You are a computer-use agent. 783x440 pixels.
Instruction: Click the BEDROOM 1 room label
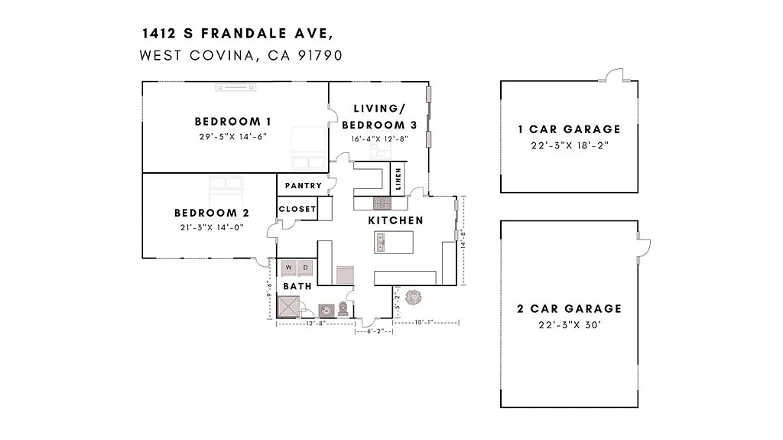click(x=233, y=121)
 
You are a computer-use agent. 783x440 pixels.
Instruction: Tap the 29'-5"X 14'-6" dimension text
click(x=233, y=136)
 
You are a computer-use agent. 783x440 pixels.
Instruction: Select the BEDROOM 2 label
click(x=212, y=213)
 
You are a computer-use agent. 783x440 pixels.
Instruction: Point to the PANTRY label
click(x=303, y=186)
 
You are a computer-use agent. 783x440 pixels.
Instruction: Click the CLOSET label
click(x=297, y=209)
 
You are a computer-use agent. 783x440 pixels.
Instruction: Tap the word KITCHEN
click(x=395, y=220)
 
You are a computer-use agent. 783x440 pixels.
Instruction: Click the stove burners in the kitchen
click(x=381, y=203)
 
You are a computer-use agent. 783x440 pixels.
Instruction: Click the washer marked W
click(x=289, y=268)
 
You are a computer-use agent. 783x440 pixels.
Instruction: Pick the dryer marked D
click(x=304, y=268)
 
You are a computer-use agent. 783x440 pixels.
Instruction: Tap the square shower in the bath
click(x=288, y=307)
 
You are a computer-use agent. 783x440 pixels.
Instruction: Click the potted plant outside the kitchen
click(x=414, y=296)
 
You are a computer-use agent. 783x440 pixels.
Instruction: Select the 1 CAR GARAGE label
click(x=569, y=129)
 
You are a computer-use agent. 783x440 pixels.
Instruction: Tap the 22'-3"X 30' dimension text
click(x=569, y=324)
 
